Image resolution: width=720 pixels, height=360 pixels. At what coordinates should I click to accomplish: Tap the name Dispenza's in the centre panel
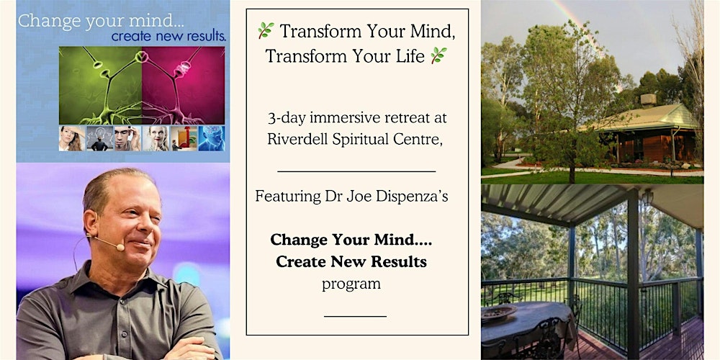click(418, 196)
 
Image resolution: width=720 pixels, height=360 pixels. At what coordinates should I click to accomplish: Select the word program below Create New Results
click(351, 284)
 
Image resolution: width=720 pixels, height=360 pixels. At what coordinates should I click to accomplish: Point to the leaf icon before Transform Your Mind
click(266, 30)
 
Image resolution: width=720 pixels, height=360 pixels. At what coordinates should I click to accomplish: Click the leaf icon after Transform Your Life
click(438, 55)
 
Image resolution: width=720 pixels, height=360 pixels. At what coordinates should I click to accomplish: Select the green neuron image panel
click(100, 85)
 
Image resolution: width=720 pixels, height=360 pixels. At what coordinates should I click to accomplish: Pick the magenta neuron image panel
click(184, 85)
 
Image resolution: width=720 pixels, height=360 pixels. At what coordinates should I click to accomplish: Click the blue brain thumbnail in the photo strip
click(212, 138)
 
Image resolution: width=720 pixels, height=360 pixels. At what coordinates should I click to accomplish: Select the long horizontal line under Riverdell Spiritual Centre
click(356, 171)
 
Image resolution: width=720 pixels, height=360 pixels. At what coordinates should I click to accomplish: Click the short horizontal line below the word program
click(355, 315)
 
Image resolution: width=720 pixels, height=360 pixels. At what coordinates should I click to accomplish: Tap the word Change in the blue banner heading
click(45, 20)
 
